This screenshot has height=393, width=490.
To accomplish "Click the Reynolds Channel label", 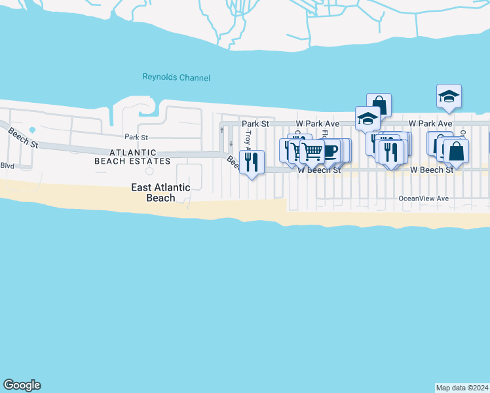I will coord(176,77).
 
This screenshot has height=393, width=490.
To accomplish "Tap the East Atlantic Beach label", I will coord(160,193).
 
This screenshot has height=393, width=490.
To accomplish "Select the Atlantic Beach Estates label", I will coord(132,157).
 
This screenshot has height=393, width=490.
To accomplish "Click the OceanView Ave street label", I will coord(423,198).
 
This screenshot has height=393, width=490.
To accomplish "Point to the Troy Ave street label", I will coord(248,138).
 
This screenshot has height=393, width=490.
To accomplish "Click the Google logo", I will coord(22,385).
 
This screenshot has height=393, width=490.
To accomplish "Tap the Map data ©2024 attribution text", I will coord(462,387).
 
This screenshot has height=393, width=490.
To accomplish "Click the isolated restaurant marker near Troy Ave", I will coord(252,161).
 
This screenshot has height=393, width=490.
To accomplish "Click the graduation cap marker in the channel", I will coord(449,96).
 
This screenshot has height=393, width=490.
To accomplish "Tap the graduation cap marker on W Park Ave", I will coord(367,119).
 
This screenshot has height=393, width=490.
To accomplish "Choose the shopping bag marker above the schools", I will coord(379,105).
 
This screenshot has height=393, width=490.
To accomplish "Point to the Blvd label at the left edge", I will coord(7,166).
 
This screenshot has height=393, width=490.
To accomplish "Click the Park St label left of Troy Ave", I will coord(255,123).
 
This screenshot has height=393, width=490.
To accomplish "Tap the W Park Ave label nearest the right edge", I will coord(430,123).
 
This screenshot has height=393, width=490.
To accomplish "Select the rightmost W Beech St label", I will coord(432,170).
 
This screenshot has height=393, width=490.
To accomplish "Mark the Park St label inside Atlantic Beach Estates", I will coord(136,138).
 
